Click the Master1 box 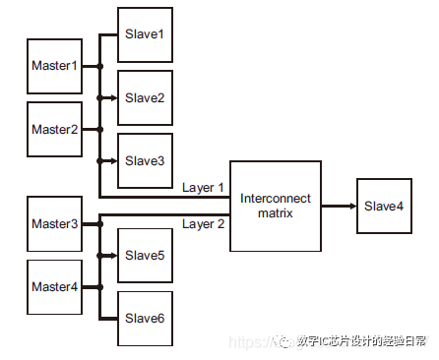(x=53, y=66)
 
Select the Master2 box (x=53, y=129)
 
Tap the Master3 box (x=53, y=225)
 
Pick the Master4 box (x=53, y=287)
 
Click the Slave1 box (x=145, y=34)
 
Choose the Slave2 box (x=145, y=97)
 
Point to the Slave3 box (x=145, y=159)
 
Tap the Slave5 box (x=145, y=256)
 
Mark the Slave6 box (x=145, y=318)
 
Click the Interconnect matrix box (x=276, y=206)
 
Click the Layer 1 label (x=203, y=187)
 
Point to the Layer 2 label (x=203, y=223)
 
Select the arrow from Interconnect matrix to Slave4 (x=339, y=206)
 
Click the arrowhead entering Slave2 (x=114, y=97)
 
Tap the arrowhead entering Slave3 (x=114, y=159)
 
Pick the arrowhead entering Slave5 (x=114, y=256)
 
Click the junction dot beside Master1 (x=99, y=67)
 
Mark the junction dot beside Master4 (x=99, y=287)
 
